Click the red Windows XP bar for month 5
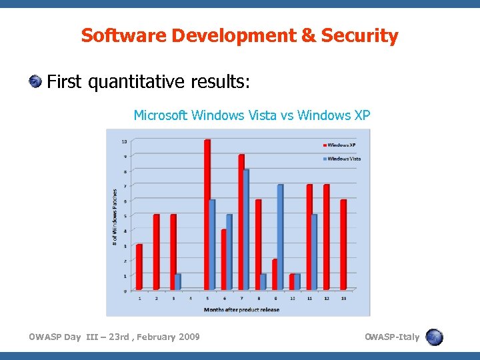point(207,215)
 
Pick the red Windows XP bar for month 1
point(139,267)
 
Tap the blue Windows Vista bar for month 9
point(280,237)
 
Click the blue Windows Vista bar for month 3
point(177,282)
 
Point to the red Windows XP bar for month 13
point(343,245)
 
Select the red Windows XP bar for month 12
point(326,237)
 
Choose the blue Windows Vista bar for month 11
point(314,252)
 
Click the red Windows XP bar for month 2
point(156,252)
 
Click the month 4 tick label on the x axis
point(191,298)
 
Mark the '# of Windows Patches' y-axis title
point(114,216)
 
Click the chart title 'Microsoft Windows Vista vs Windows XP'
point(252,115)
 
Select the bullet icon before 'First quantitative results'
point(34,82)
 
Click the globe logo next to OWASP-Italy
point(435,337)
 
